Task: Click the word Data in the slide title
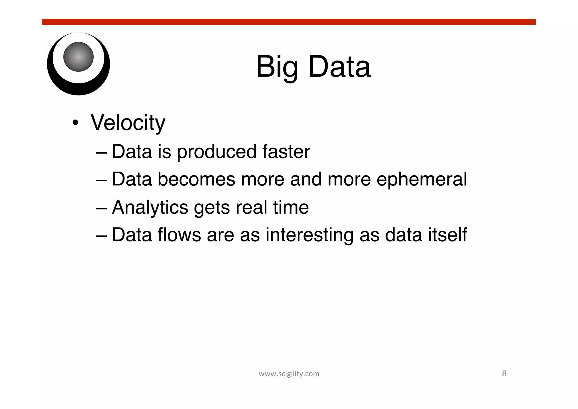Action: click(339, 67)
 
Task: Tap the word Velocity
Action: click(128, 123)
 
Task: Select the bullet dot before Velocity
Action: click(75, 123)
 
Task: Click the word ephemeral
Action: click(422, 180)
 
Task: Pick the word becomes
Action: click(196, 179)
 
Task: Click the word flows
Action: click(179, 235)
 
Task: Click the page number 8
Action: click(504, 374)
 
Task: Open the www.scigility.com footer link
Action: click(289, 374)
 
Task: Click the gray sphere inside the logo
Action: click(78, 57)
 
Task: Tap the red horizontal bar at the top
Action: click(289, 22)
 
